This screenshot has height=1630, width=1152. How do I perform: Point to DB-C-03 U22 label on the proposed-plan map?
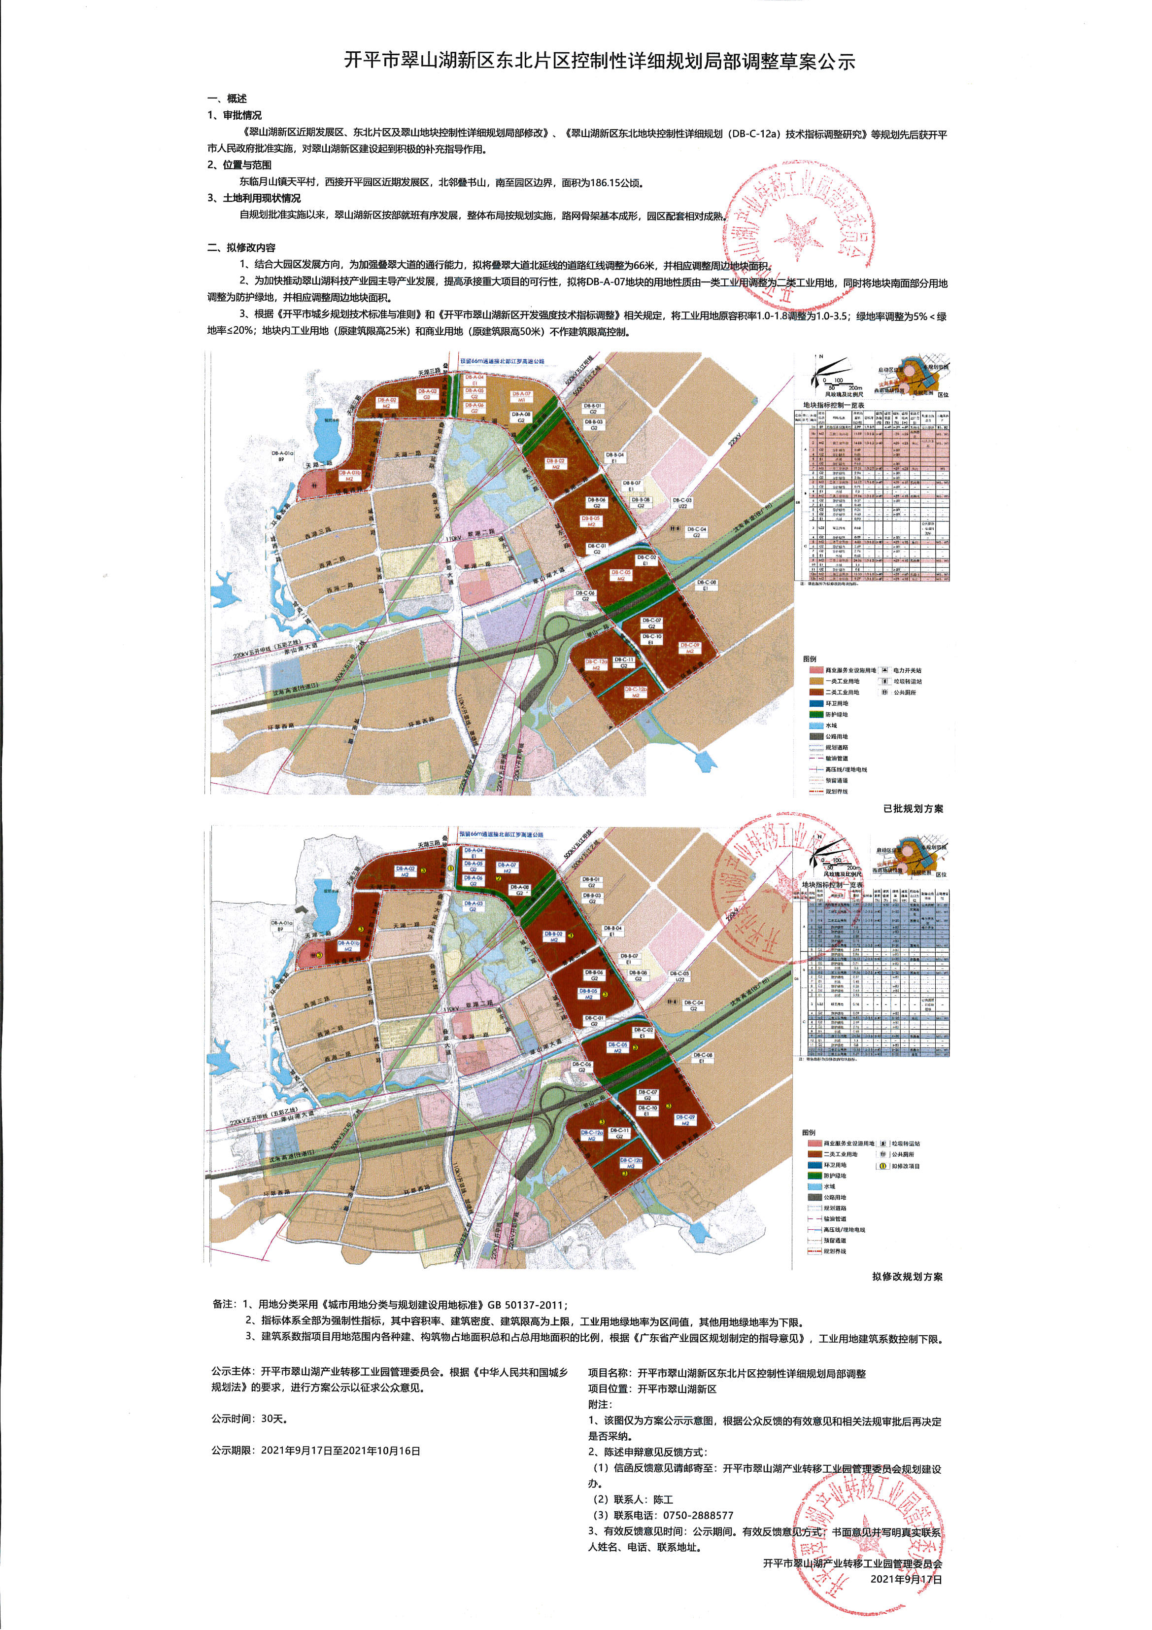click(679, 977)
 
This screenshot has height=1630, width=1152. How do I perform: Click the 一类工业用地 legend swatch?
click(815, 681)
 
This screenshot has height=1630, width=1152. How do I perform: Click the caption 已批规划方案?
click(913, 809)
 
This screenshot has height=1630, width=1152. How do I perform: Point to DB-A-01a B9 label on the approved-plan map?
click(282, 456)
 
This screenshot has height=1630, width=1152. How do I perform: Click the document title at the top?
click(600, 61)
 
